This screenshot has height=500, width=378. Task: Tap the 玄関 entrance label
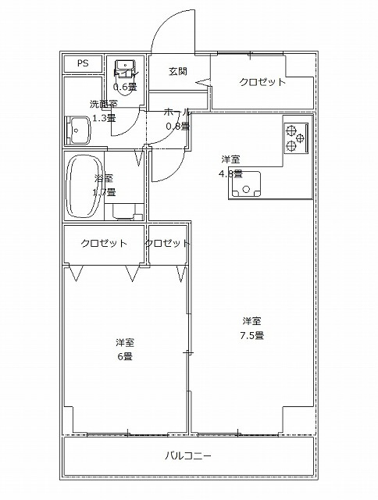tap(177, 71)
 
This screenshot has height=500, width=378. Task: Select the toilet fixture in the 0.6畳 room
tap(124, 69)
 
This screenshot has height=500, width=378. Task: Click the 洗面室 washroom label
tap(102, 103)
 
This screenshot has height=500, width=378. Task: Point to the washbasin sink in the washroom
tap(80, 130)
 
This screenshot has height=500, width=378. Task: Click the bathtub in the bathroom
tap(83, 187)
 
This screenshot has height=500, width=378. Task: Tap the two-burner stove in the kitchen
tap(295, 137)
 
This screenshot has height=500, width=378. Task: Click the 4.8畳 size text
tap(231, 173)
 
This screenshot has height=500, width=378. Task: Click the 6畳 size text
tap(125, 357)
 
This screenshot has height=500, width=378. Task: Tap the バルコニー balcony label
tap(188, 455)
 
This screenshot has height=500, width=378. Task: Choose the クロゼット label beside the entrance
tap(262, 81)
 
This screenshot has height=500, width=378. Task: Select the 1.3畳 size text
tap(104, 118)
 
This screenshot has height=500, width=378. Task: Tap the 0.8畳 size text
tap(177, 126)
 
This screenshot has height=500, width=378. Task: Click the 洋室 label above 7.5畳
tap(251, 321)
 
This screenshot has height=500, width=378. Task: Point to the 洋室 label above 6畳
tap(125, 343)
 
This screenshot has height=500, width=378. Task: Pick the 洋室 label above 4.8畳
tap(231, 159)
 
